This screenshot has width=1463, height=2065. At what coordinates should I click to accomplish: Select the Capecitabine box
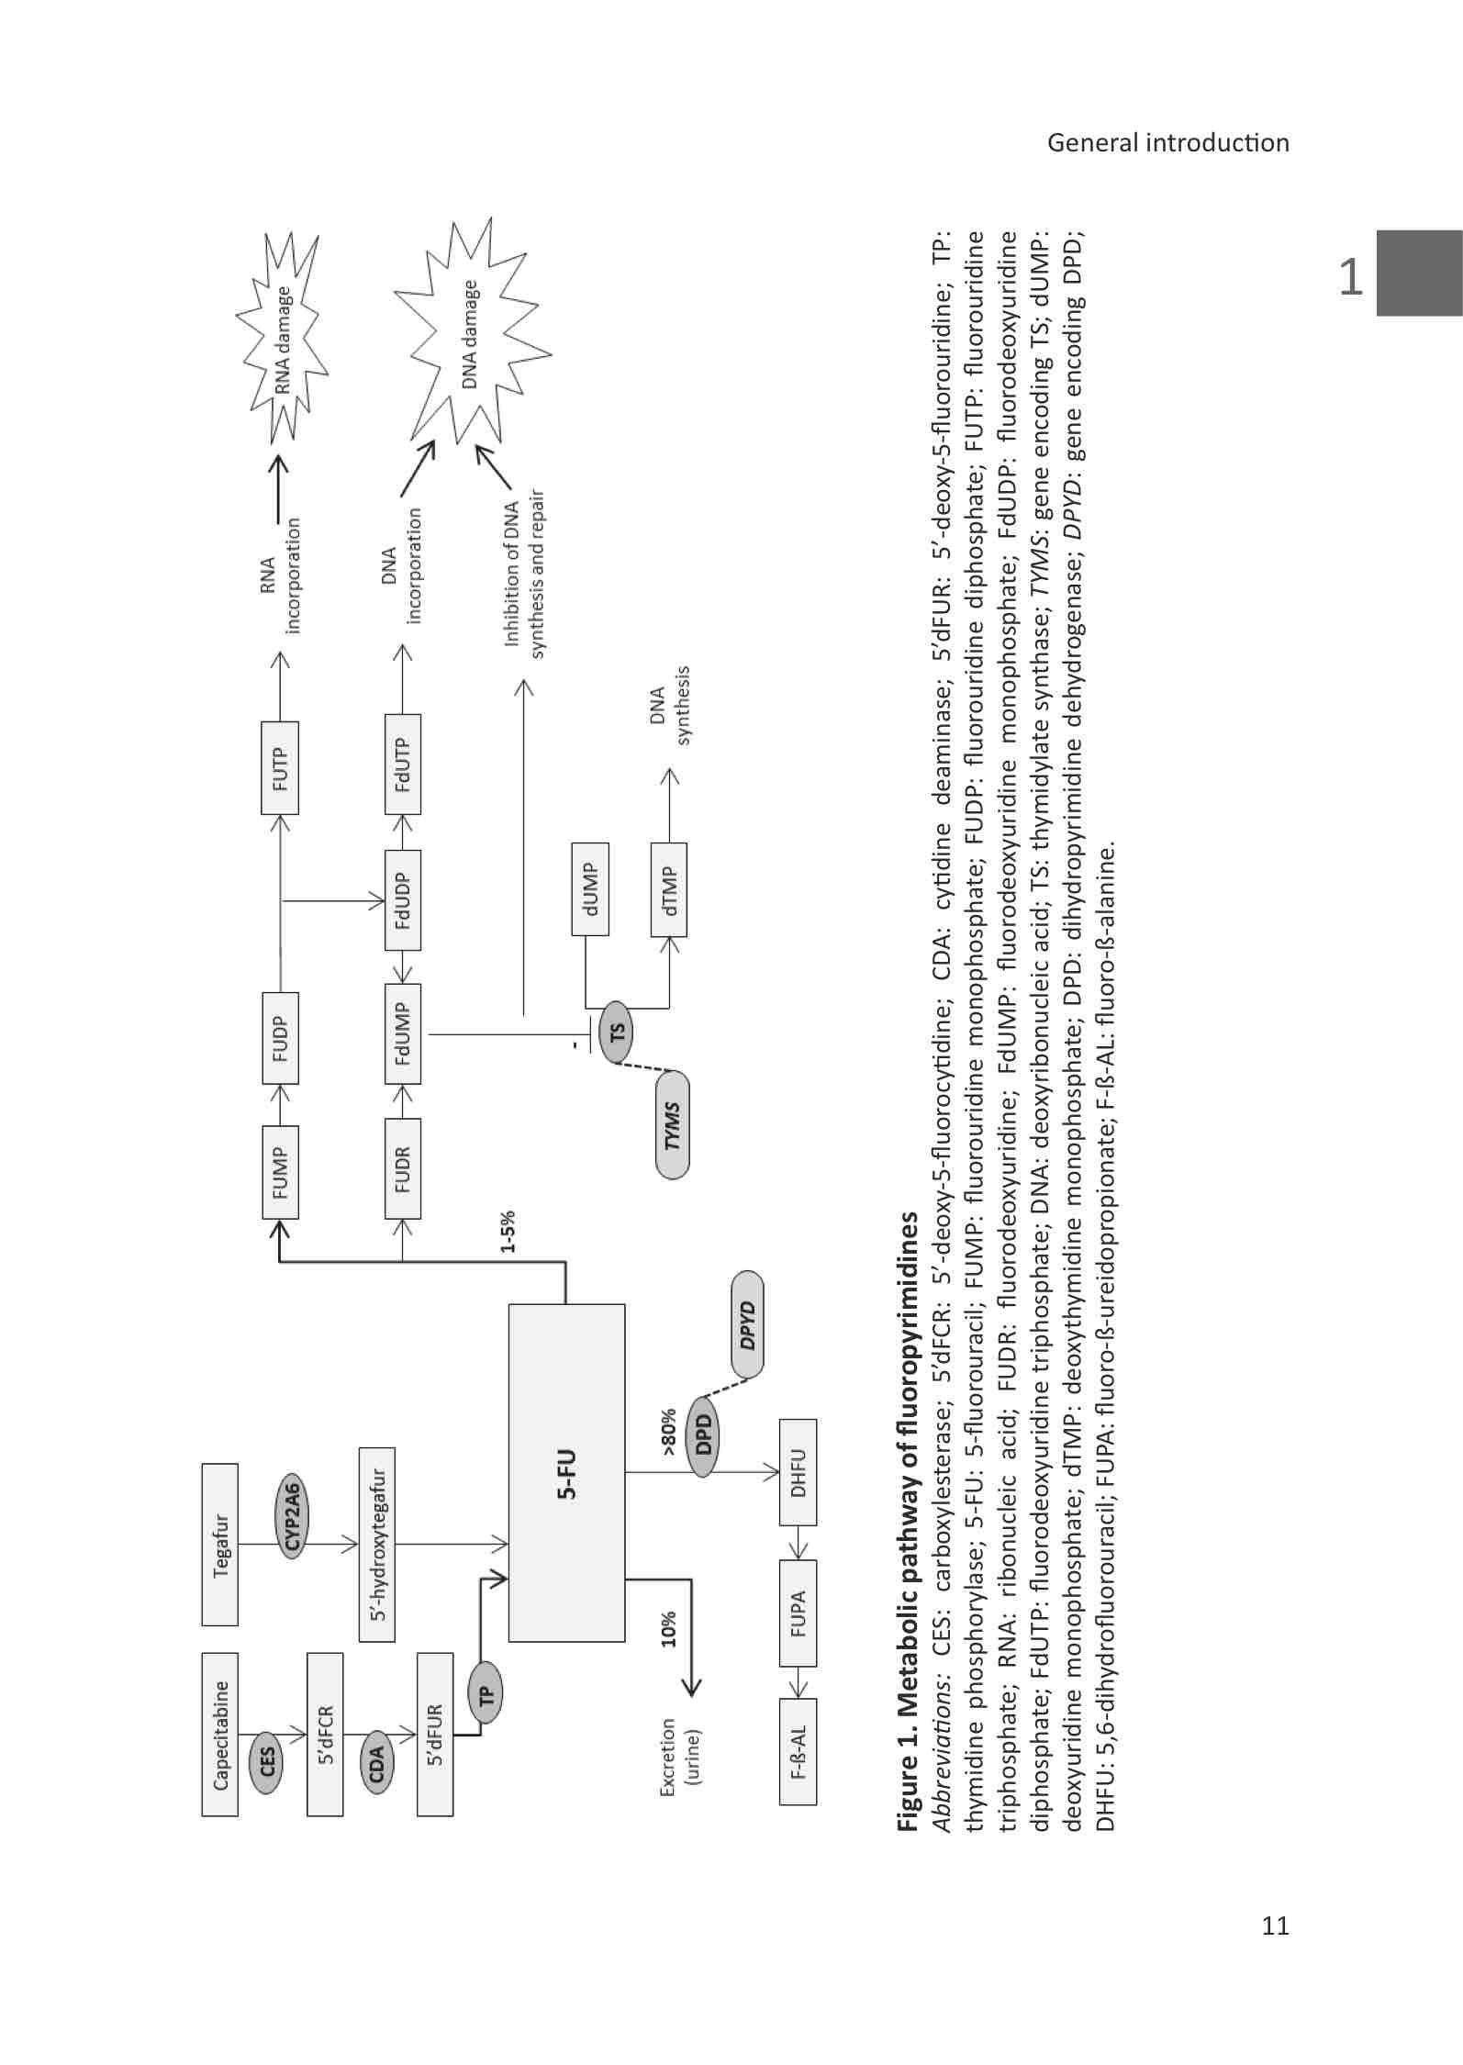point(220,1735)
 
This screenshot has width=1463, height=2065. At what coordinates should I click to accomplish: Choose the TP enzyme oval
point(486,1693)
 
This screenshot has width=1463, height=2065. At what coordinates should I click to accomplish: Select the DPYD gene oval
point(748,1324)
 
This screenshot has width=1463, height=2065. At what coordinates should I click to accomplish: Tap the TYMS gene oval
point(673,1125)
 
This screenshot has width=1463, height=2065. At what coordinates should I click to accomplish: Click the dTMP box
point(669,889)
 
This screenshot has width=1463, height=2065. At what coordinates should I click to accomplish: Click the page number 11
point(1275,1925)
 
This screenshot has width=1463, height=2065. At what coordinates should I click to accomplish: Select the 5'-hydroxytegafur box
point(377,1544)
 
